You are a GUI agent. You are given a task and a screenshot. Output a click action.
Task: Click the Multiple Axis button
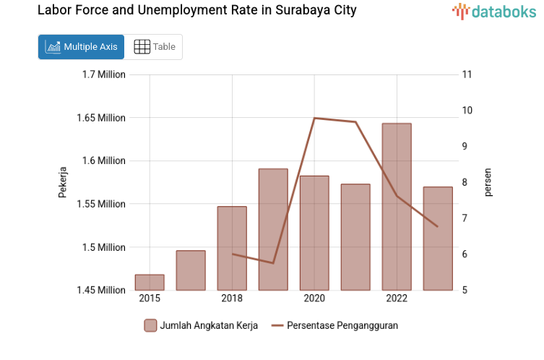coord(81,47)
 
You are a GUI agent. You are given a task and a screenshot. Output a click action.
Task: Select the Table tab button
coord(155,47)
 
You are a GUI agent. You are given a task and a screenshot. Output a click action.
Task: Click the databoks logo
coord(494,11)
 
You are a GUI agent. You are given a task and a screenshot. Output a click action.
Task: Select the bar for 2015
coord(150,283)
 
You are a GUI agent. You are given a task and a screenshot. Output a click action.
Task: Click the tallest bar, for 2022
coord(397,207)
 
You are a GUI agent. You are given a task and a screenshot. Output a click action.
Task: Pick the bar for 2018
coord(232,249)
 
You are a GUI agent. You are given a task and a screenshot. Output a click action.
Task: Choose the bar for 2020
coord(314,233)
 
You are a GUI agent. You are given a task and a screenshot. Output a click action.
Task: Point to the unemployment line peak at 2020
coord(314,118)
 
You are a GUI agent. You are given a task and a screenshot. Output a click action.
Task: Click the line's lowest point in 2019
coord(273,263)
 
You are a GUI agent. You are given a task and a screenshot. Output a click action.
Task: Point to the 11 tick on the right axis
coord(467,74)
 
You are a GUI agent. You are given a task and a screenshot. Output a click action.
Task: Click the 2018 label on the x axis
coord(232,299)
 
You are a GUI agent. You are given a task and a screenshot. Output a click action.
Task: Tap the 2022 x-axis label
coord(397,299)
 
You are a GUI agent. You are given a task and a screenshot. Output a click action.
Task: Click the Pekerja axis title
coord(63,182)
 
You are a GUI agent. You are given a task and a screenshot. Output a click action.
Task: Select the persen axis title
coord(488,182)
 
